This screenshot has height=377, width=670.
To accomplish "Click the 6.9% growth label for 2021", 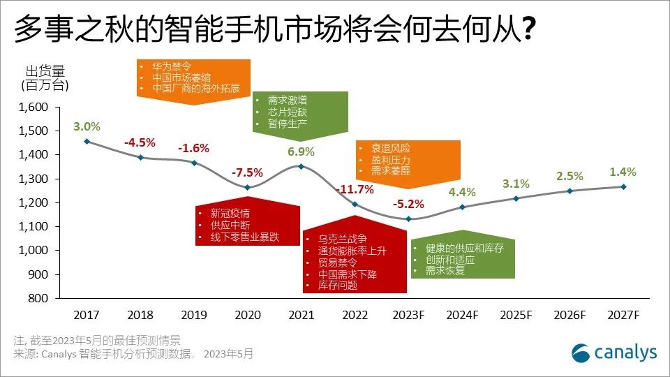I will pyautogui.click(x=301, y=151).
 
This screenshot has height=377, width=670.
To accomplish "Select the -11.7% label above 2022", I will pyautogui.click(x=355, y=189).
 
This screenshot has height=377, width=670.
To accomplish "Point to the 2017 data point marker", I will pyautogui.click(x=87, y=142).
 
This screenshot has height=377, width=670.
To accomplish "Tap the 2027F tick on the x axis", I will pyautogui.click(x=623, y=315).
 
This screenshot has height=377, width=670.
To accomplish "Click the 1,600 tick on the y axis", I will pyautogui.click(x=34, y=108).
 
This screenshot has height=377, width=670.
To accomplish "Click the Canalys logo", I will pyautogui.click(x=613, y=353).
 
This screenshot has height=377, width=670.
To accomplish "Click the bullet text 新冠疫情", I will pyautogui.click(x=220, y=214).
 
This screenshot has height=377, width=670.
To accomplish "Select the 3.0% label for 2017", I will pyautogui.click(x=87, y=126).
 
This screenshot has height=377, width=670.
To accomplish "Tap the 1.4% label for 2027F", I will pyautogui.click(x=623, y=172).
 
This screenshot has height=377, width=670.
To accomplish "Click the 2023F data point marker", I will pyautogui.click(x=409, y=219).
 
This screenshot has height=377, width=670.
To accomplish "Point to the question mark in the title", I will pyautogui.click(x=529, y=30).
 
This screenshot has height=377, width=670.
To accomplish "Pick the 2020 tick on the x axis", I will pyautogui.click(x=248, y=315).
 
